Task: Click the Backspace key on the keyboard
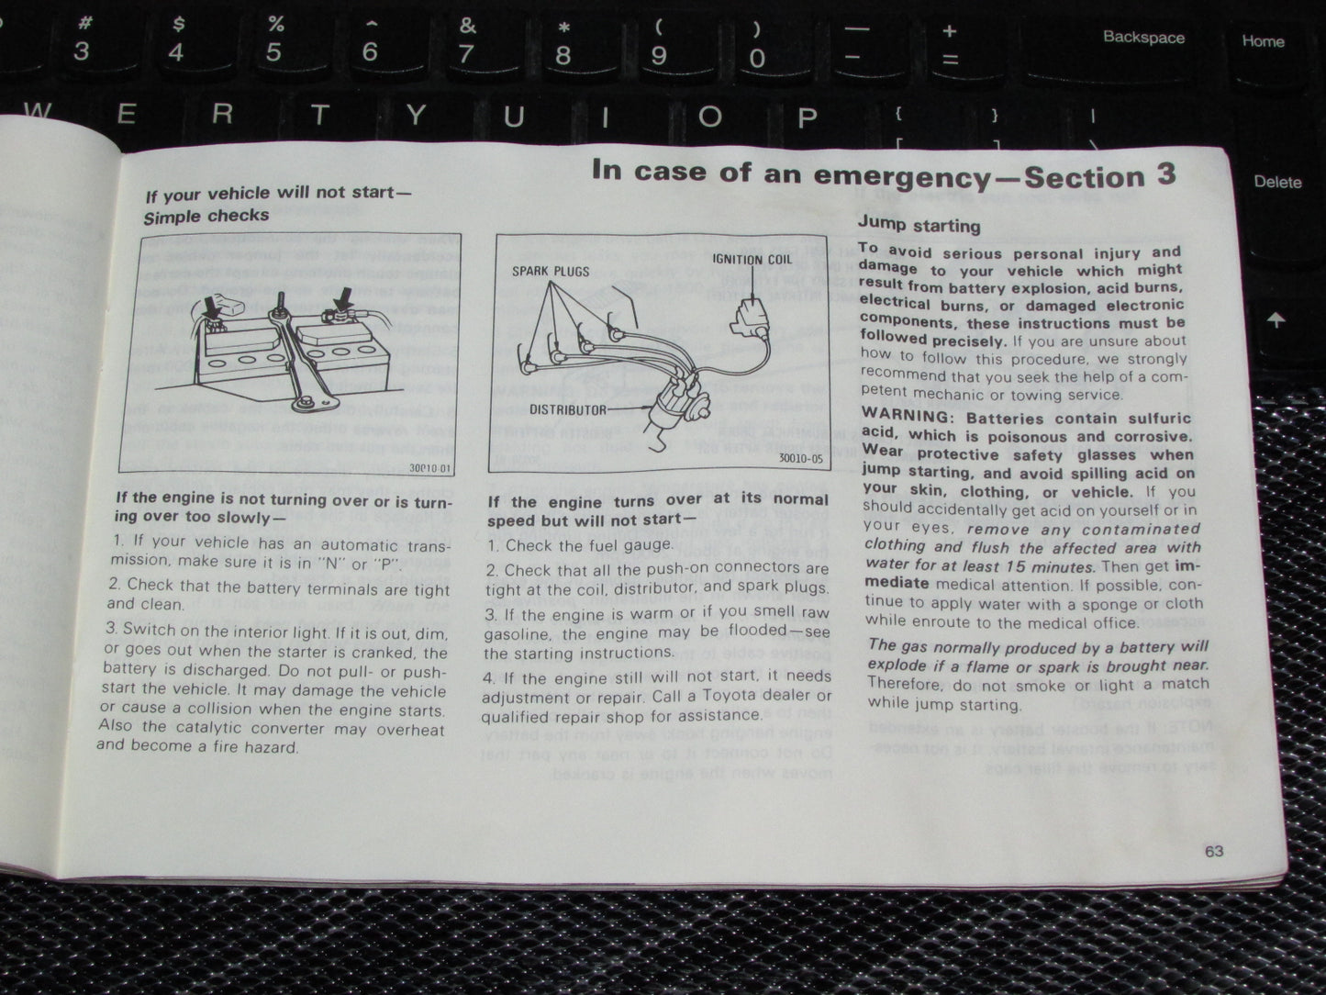[x=1143, y=39]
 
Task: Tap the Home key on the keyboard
[x=1263, y=41]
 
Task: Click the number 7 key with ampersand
[x=467, y=42]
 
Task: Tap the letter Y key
[x=417, y=117]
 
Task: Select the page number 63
[x=1214, y=851]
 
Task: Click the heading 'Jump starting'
[x=919, y=226]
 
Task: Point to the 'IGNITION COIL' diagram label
[x=750, y=260]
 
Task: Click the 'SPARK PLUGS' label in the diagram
[x=552, y=272]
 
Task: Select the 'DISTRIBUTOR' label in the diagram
[x=568, y=409]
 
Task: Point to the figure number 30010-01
[x=432, y=468]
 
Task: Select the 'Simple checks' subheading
[x=206, y=217]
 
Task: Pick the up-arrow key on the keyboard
[x=1276, y=320]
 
